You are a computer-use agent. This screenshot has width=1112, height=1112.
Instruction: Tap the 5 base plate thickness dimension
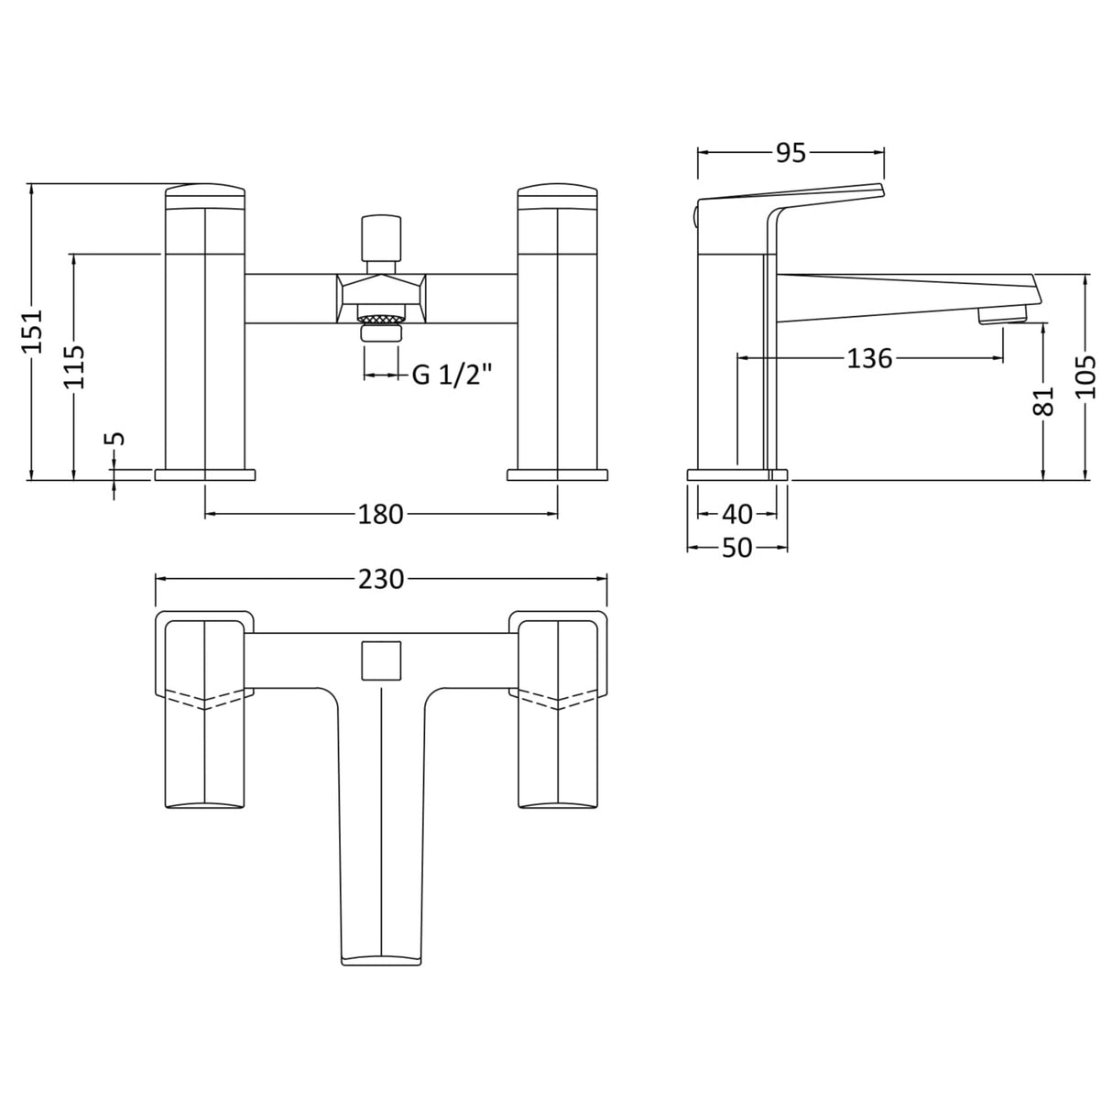point(114,439)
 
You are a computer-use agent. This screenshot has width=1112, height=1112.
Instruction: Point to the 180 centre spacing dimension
point(380,515)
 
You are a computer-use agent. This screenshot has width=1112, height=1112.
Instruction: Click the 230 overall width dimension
point(380,579)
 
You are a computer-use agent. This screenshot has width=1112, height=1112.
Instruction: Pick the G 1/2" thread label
point(452,375)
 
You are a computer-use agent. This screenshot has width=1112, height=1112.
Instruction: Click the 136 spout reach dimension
point(868,358)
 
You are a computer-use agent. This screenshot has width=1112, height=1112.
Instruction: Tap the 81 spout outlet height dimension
point(1043,401)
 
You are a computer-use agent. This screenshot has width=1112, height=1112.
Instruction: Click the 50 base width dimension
point(736,548)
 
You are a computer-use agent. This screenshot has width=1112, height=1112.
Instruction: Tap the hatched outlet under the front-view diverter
point(382,319)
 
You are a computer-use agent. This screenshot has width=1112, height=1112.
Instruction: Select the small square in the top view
point(382,660)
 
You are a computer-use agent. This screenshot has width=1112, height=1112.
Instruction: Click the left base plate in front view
point(205,474)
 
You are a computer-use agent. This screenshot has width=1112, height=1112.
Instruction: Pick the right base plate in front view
point(557,474)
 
